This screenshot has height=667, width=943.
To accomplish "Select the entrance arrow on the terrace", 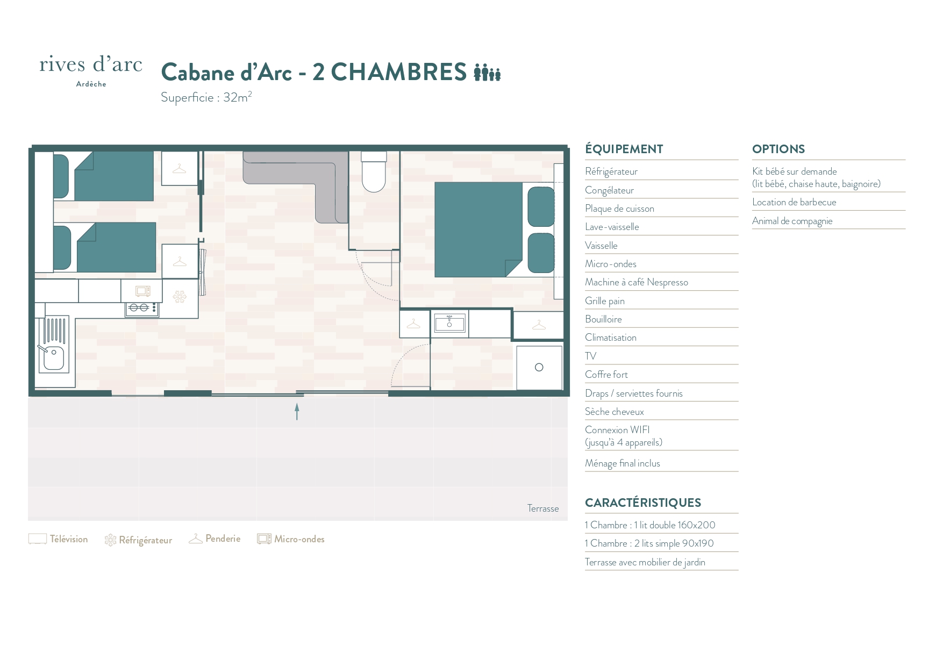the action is [x=297, y=412].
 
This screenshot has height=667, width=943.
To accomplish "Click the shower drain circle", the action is [x=539, y=367].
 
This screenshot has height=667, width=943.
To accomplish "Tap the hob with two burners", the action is [x=142, y=309].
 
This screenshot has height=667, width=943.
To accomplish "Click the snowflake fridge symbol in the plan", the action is [x=179, y=296].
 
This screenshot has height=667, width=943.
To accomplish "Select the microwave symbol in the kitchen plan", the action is [x=142, y=291].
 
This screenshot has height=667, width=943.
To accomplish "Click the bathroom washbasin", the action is [x=449, y=324].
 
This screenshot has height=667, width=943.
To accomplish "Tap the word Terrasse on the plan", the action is [x=543, y=508].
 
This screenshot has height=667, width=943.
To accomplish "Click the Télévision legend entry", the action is [x=58, y=539].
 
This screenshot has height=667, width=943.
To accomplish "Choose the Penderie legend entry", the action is [x=215, y=539].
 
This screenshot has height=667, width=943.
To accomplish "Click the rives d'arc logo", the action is [x=91, y=70].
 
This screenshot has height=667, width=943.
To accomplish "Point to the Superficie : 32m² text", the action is [x=206, y=97].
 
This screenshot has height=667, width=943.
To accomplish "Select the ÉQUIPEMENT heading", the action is [x=624, y=149].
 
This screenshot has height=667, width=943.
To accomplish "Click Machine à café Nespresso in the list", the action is [x=637, y=282].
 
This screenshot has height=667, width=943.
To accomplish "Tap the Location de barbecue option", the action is [x=794, y=202].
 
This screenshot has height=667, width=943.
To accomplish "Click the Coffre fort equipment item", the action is [x=606, y=375].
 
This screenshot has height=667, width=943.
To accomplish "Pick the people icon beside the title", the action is [x=487, y=72].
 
